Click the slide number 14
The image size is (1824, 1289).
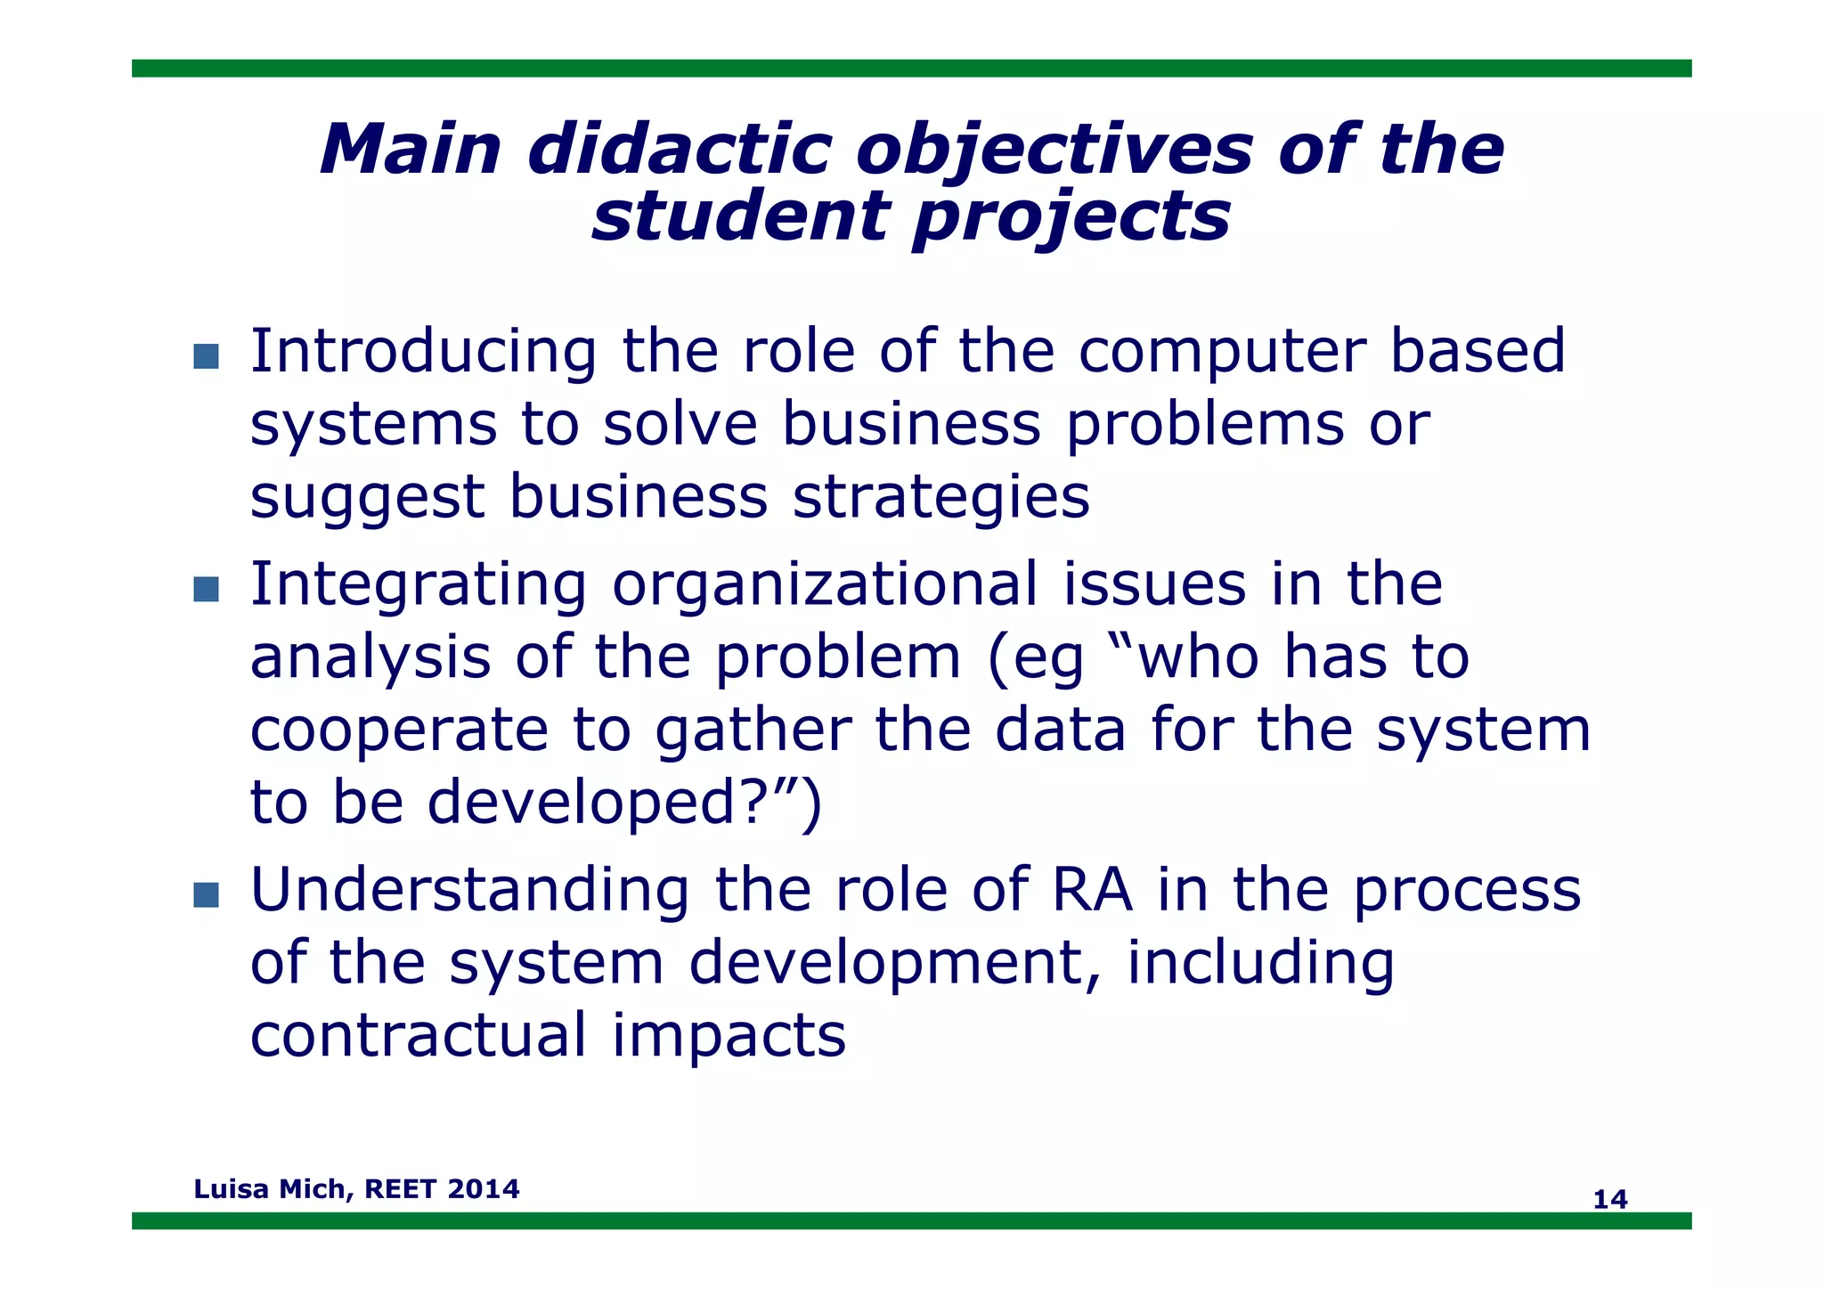pos(1609,1199)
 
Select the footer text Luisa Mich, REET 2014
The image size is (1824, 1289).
pos(356,1188)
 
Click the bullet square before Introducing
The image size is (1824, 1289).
pos(206,356)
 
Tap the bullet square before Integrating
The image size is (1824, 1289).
pos(206,589)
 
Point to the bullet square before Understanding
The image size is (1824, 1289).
pos(206,894)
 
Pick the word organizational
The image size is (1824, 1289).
pos(826,584)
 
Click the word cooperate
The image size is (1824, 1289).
pos(398,730)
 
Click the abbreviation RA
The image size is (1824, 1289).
pos(1091,890)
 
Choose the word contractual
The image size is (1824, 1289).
pos(418,1036)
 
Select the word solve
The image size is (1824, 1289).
pos(680,424)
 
